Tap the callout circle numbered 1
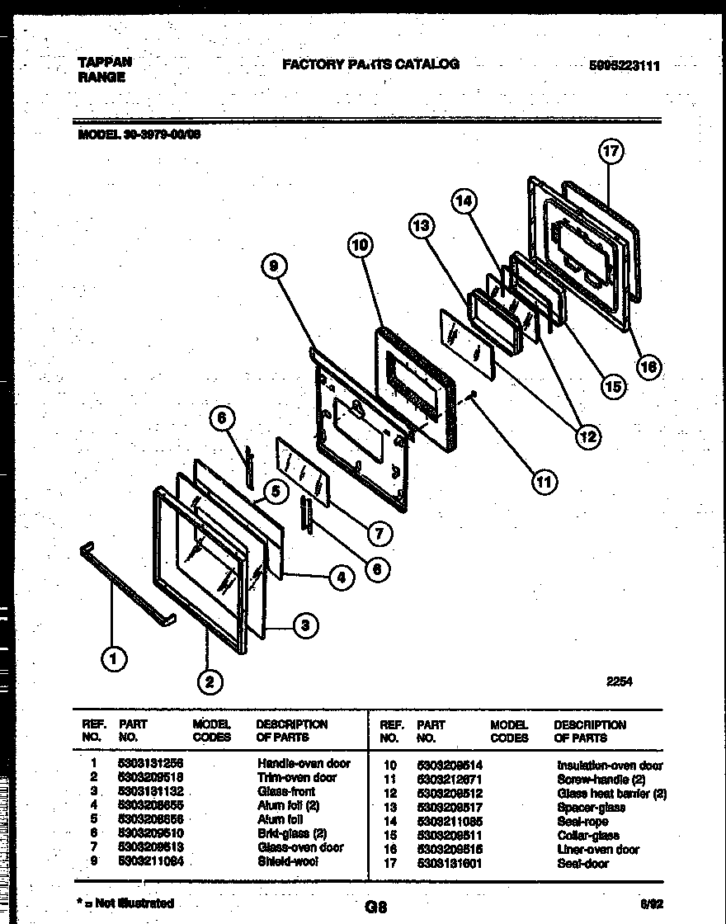(x=113, y=658)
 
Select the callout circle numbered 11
(x=542, y=481)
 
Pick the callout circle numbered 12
(x=587, y=436)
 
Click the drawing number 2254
(x=620, y=681)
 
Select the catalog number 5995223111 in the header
(x=625, y=67)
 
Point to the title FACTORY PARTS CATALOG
(x=370, y=64)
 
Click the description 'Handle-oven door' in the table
(x=304, y=763)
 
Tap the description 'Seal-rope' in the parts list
(x=582, y=821)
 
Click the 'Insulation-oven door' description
(x=610, y=766)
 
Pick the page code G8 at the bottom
(x=375, y=907)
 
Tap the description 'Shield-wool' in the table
(x=287, y=861)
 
